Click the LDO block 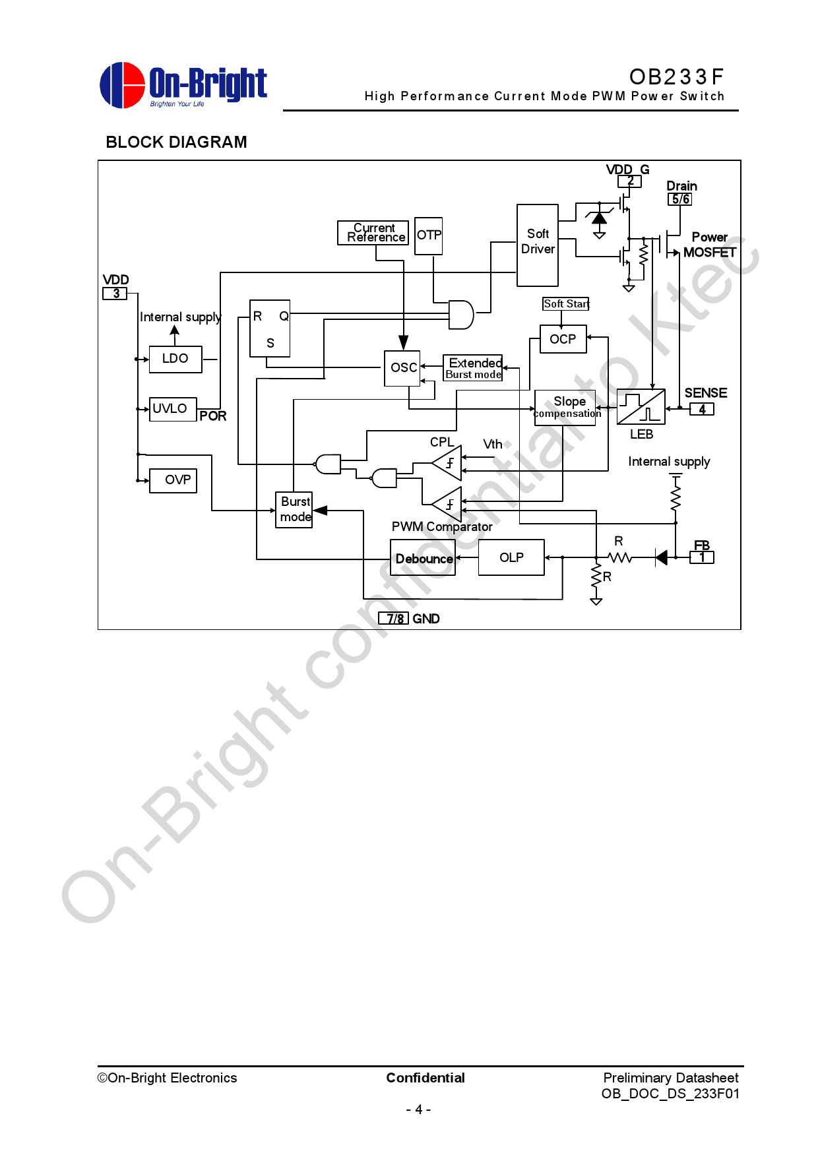tap(175, 359)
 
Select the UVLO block tap(173, 409)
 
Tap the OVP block tap(173, 480)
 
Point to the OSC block tap(402, 367)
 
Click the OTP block tap(429, 235)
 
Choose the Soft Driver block tap(538, 245)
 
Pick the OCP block tap(563, 339)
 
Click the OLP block tap(511, 557)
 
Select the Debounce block tap(423, 558)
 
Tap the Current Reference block tap(373, 232)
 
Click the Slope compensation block tap(565, 407)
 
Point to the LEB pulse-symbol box tap(641, 407)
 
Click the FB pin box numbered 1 tap(702, 557)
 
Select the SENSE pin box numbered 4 tap(702, 409)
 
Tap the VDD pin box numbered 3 tap(115, 294)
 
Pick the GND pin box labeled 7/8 tap(394, 618)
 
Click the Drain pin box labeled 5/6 tap(680, 199)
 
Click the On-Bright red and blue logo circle tap(122, 85)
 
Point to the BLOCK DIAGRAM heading tap(176, 142)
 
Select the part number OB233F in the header tap(676, 77)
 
